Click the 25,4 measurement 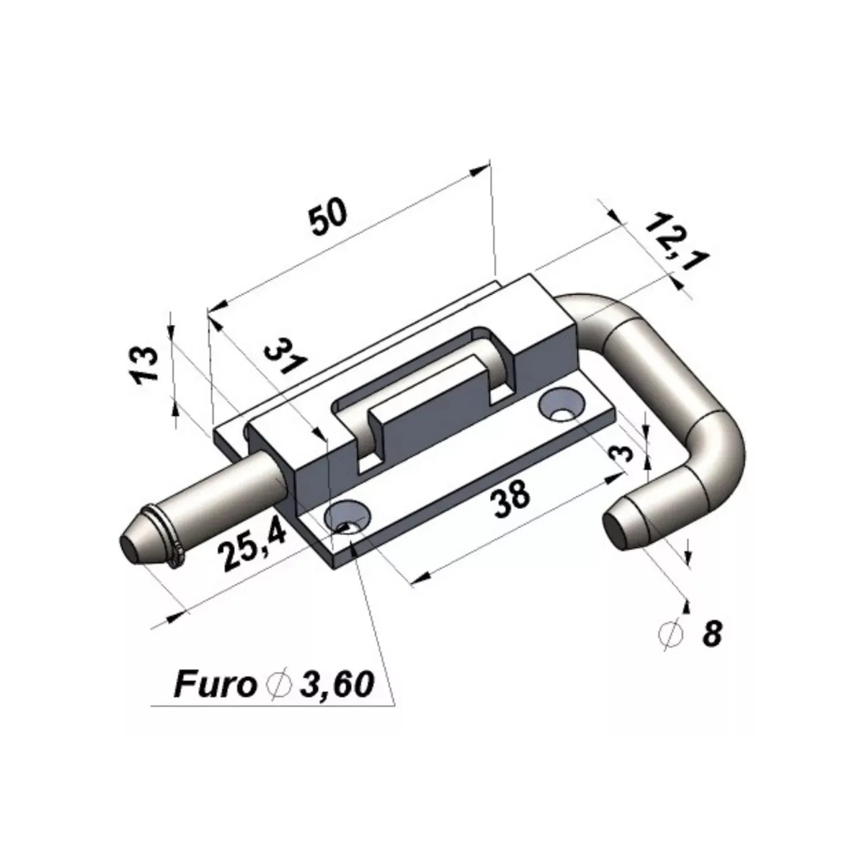point(254,546)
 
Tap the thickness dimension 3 point(622,455)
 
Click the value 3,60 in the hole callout point(337,685)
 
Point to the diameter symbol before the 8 point(670,634)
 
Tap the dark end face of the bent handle point(616,530)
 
